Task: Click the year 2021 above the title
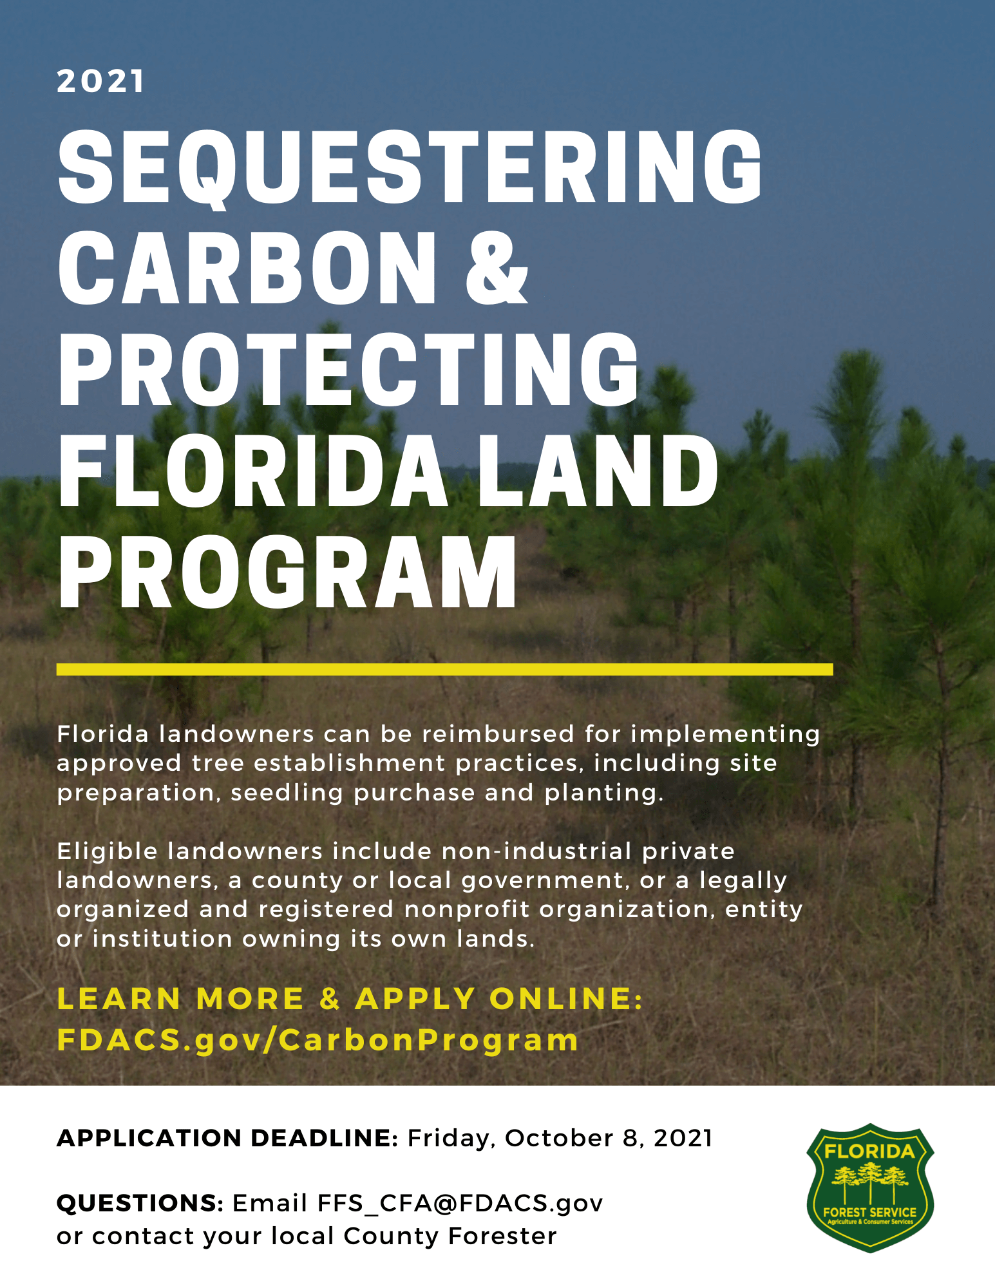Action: click(x=100, y=82)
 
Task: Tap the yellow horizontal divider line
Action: click(x=444, y=669)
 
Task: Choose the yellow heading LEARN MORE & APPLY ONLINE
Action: click(x=350, y=999)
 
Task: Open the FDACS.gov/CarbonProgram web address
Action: click(x=318, y=1040)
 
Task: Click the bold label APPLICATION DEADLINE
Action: click(x=227, y=1138)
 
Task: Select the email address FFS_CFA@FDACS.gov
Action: click(x=460, y=1203)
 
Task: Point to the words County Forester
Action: click(x=450, y=1236)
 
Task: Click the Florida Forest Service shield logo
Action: click(x=870, y=1188)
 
